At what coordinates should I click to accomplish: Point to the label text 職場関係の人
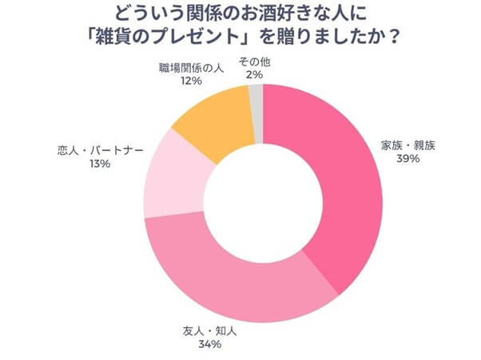[189, 67]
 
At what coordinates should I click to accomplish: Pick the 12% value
[189, 80]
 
